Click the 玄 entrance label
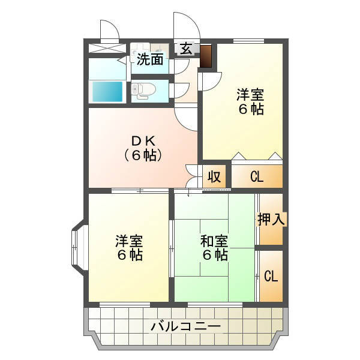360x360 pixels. tap(186, 49)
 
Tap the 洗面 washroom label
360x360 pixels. tap(150, 59)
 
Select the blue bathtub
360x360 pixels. tap(107, 91)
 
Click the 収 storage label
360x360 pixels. tap(214, 176)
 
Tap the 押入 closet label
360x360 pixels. tap(271, 219)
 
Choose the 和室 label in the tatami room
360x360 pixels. tap(214, 241)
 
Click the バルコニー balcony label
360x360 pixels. tap(186, 326)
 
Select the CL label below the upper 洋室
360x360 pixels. tap(257, 177)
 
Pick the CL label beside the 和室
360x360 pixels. tap(271, 276)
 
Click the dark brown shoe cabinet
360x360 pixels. tap(205, 56)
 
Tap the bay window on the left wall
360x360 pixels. tap(77, 245)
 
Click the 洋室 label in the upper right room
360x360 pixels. tap(250, 95)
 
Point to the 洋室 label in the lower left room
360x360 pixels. tap(129, 241)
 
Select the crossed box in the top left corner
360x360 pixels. tap(107, 48)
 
